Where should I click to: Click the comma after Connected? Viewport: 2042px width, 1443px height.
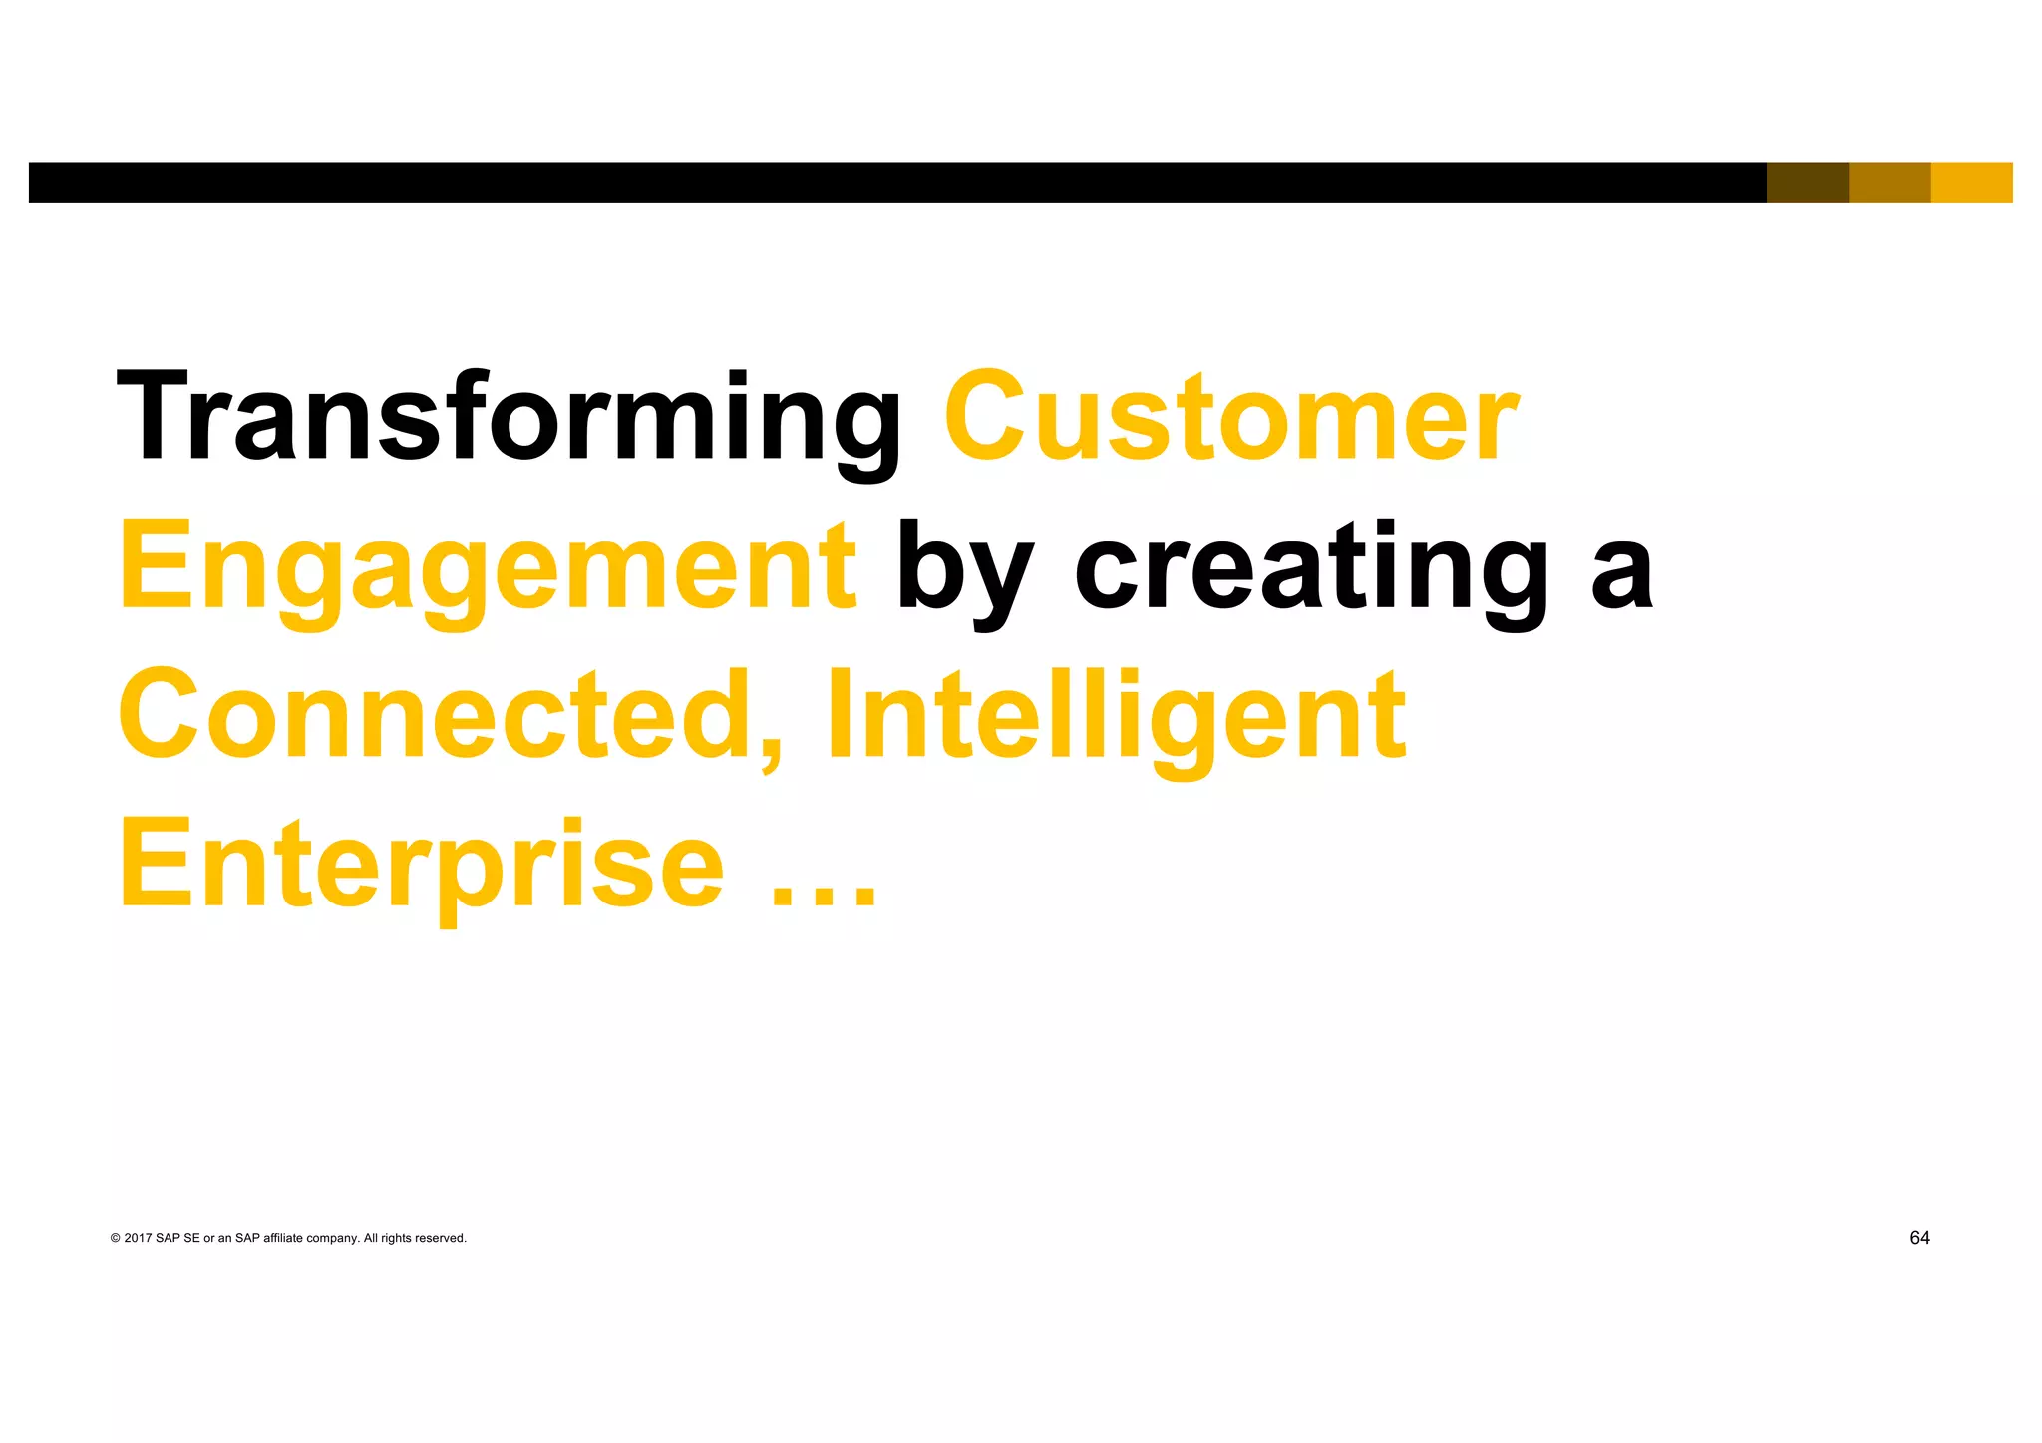[770, 753]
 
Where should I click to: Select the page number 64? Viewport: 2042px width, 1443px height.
[1919, 1238]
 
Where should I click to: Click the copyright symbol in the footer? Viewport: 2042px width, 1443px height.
[115, 1239]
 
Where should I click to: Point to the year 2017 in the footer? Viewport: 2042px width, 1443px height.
[138, 1239]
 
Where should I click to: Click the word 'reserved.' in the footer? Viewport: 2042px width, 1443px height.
[441, 1239]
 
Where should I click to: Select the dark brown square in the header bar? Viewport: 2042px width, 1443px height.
[1807, 182]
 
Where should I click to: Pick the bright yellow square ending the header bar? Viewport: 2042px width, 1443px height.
[1971, 182]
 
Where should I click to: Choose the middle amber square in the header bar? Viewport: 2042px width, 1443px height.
[1889, 182]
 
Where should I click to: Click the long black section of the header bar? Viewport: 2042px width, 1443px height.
[897, 182]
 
